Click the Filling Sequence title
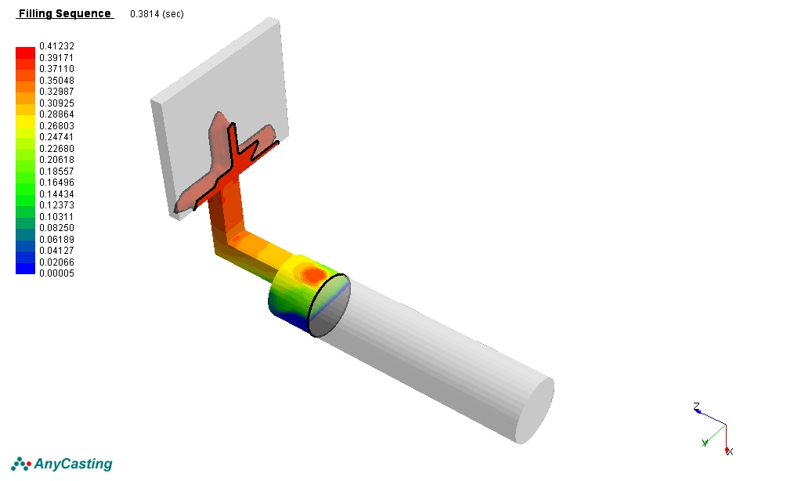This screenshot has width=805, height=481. click(x=65, y=13)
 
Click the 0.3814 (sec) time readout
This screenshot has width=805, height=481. click(x=157, y=14)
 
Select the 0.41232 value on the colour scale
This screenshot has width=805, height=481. click(x=56, y=46)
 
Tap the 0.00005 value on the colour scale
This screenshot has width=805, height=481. click(x=56, y=273)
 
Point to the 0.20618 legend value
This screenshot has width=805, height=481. click(x=56, y=160)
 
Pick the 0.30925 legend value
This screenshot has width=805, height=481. click(x=56, y=103)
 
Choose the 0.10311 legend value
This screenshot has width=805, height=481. click(x=56, y=217)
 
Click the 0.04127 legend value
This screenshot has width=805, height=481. click(x=56, y=251)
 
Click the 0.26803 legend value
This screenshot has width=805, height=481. click(x=56, y=126)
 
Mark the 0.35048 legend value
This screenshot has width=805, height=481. click(x=56, y=81)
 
